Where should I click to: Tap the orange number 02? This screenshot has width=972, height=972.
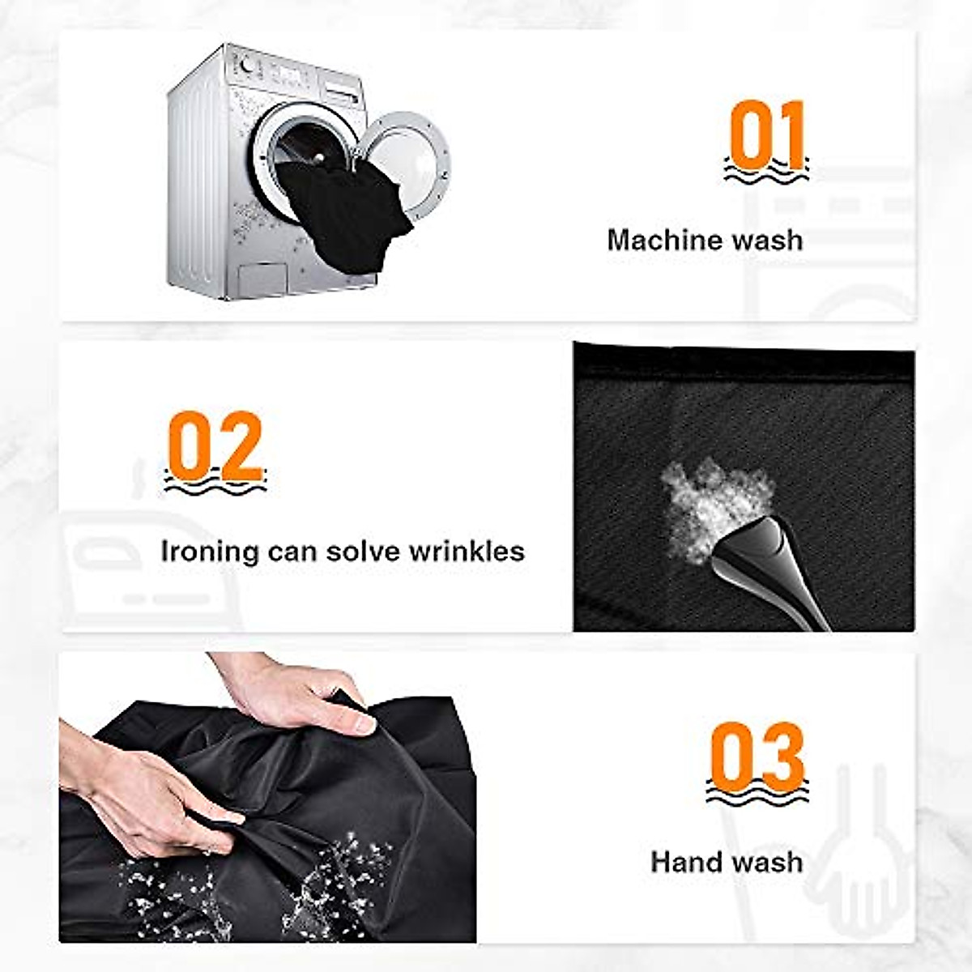(215, 446)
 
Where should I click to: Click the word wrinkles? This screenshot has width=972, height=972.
(467, 551)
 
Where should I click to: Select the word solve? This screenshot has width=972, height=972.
(364, 551)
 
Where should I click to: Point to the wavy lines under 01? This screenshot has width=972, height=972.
(766, 172)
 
